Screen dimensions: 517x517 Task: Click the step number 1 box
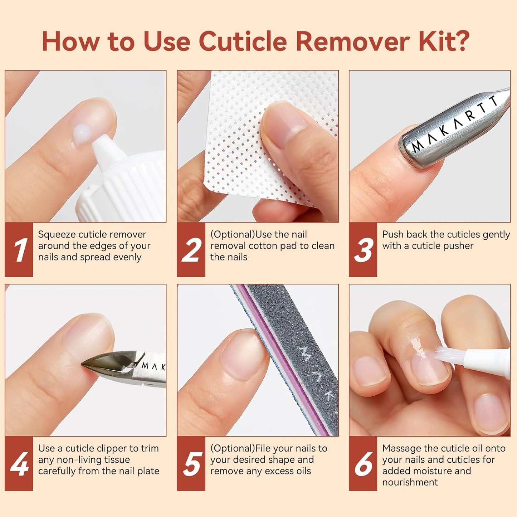tap(19, 250)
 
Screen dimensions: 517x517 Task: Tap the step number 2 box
tap(191, 250)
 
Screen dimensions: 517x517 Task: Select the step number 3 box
tap(363, 250)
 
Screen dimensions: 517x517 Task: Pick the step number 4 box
tap(19, 464)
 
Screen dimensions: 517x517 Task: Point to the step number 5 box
tap(191, 464)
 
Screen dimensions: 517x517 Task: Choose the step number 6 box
tap(363, 464)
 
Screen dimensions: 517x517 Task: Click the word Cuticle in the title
tap(243, 42)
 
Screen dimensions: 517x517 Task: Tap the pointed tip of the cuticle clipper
tap(84, 364)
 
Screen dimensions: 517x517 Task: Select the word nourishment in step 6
tap(410, 482)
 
